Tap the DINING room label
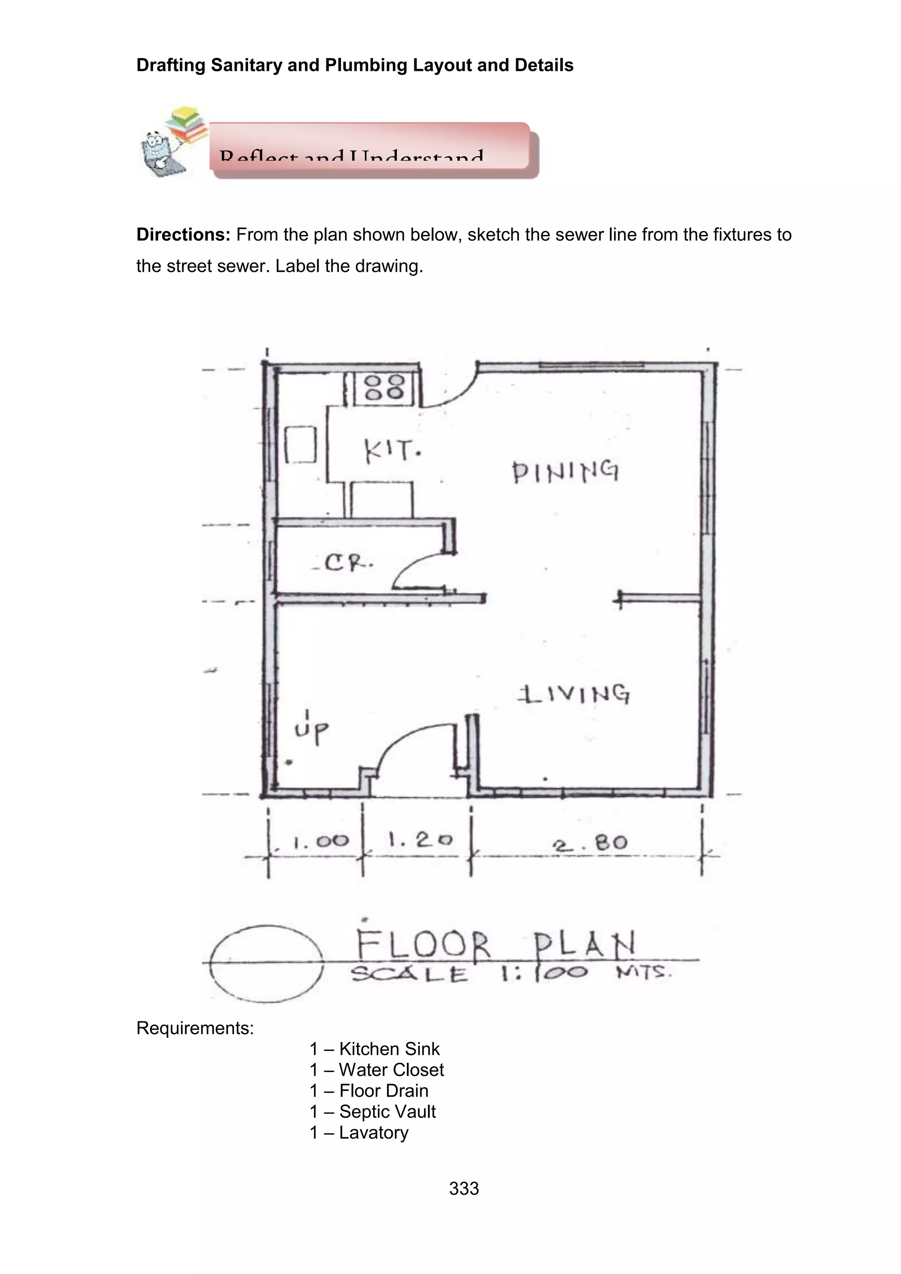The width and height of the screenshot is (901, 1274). pos(565,472)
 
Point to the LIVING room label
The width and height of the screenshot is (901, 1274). pos(574,694)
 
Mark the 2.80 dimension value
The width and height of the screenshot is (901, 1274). pos(590,844)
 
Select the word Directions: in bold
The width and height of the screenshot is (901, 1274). pos(183,235)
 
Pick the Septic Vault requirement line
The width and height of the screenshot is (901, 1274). pos(373,1111)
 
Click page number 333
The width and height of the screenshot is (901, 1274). pos(464,1188)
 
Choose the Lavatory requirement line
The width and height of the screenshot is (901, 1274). pos(359,1132)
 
